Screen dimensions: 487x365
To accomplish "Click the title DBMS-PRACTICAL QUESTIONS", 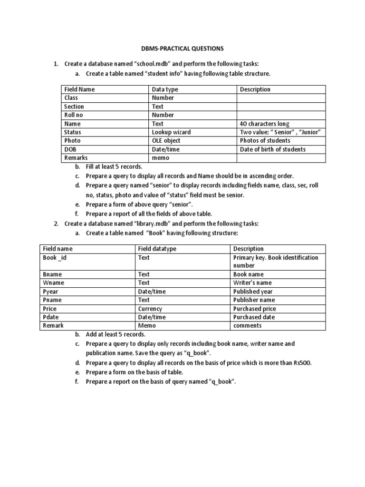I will [x=182, y=49].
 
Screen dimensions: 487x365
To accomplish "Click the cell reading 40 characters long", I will [x=264, y=124].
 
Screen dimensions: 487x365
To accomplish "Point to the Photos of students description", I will [x=265, y=141].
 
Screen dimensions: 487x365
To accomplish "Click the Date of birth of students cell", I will [x=272, y=149].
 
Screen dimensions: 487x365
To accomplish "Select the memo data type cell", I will [x=161, y=158].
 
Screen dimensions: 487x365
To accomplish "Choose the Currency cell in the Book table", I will [x=150, y=309].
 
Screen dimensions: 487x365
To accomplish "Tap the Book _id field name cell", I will [x=58, y=258].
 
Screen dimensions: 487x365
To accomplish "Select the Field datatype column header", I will [x=157, y=249].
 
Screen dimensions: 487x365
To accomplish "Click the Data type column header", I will [x=165, y=89].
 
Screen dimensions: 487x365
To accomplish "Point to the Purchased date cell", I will [x=254, y=317].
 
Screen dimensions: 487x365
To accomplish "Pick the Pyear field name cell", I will [x=51, y=292].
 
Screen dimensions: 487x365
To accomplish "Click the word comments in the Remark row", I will [x=247, y=326].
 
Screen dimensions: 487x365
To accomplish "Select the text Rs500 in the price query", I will [x=303, y=363].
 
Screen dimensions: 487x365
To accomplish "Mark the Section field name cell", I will [x=74, y=107].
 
